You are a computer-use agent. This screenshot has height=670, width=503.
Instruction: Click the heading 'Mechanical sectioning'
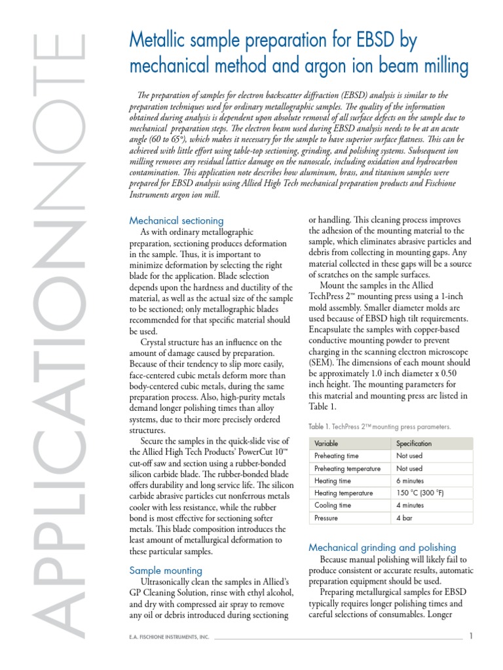[176, 220]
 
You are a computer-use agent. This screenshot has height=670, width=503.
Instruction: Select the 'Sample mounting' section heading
[166, 570]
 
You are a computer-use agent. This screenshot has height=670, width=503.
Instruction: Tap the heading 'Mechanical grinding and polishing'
[382, 547]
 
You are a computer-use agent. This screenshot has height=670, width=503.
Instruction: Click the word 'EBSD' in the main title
[375, 42]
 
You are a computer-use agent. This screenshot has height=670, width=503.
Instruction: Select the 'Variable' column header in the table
[327, 443]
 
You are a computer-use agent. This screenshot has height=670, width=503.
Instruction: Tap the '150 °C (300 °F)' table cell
[420, 493]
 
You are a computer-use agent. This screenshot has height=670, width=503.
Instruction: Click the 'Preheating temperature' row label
[348, 468]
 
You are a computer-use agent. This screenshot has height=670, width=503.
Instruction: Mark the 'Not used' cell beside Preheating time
[409, 455]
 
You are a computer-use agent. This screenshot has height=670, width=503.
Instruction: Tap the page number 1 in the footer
[471, 637]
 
